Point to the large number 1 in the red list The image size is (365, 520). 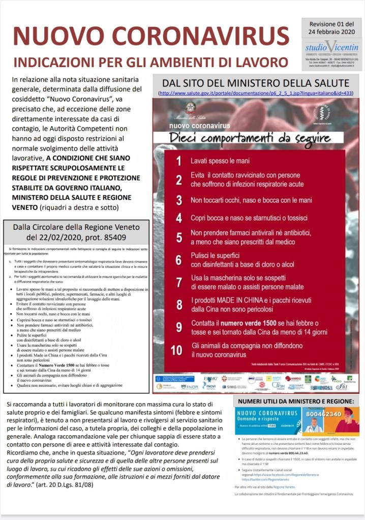coord(178,161)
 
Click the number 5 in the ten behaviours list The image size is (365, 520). coord(178,237)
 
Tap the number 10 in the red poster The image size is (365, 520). coord(176,350)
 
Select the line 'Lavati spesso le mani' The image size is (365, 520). coord(220,161)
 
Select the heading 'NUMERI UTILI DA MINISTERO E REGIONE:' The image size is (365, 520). coord(295,402)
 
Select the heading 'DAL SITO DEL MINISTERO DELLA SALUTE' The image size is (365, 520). coord(255,83)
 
